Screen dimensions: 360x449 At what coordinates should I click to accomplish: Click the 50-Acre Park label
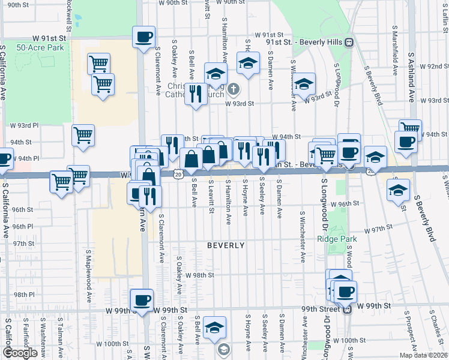coord(41,47)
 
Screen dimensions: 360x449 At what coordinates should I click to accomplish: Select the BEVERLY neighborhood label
coord(226,245)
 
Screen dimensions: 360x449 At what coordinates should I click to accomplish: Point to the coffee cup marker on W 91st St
coord(144,37)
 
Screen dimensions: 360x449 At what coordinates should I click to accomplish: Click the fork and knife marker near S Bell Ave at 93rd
coord(196,94)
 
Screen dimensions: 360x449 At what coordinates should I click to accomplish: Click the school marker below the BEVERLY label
coord(215,327)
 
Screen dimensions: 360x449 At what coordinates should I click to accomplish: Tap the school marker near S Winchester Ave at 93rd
coord(304,84)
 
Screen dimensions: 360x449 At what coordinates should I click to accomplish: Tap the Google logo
coord(20,353)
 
